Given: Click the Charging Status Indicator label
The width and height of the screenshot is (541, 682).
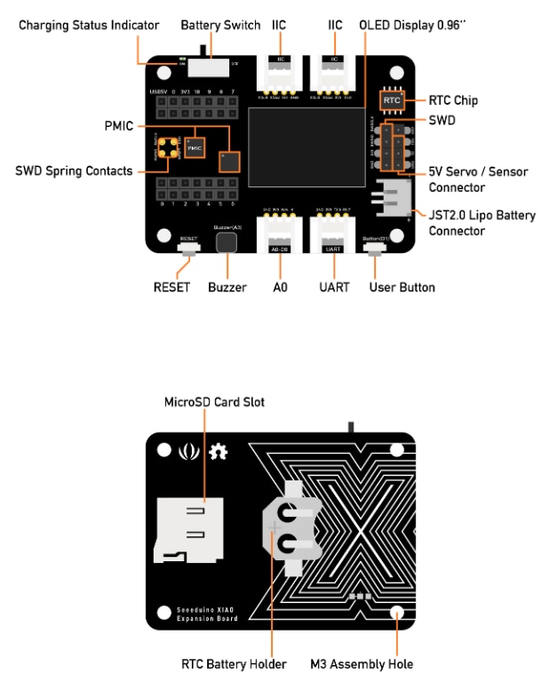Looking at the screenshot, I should pyautogui.click(x=90, y=26).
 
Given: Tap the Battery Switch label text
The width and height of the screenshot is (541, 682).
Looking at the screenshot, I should pyautogui.click(x=220, y=26).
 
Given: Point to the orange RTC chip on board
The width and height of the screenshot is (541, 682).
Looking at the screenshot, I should pyautogui.click(x=393, y=101).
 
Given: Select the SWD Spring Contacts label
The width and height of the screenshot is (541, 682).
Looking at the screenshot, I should pyautogui.click(x=76, y=170).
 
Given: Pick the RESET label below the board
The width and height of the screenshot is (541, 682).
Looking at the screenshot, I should pyautogui.click(x=171, y=288).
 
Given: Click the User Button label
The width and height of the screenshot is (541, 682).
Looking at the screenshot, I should pyautogui.click(x=402, y=288).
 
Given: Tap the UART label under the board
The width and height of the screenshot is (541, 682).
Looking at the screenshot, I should pyautogui.click(x=334, y=288).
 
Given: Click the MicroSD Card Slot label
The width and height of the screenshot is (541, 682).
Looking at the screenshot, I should pyautogui.click(x=214, y=402).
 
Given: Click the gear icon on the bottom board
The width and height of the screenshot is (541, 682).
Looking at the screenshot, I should pyautogui.click(x=218, y=453).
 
